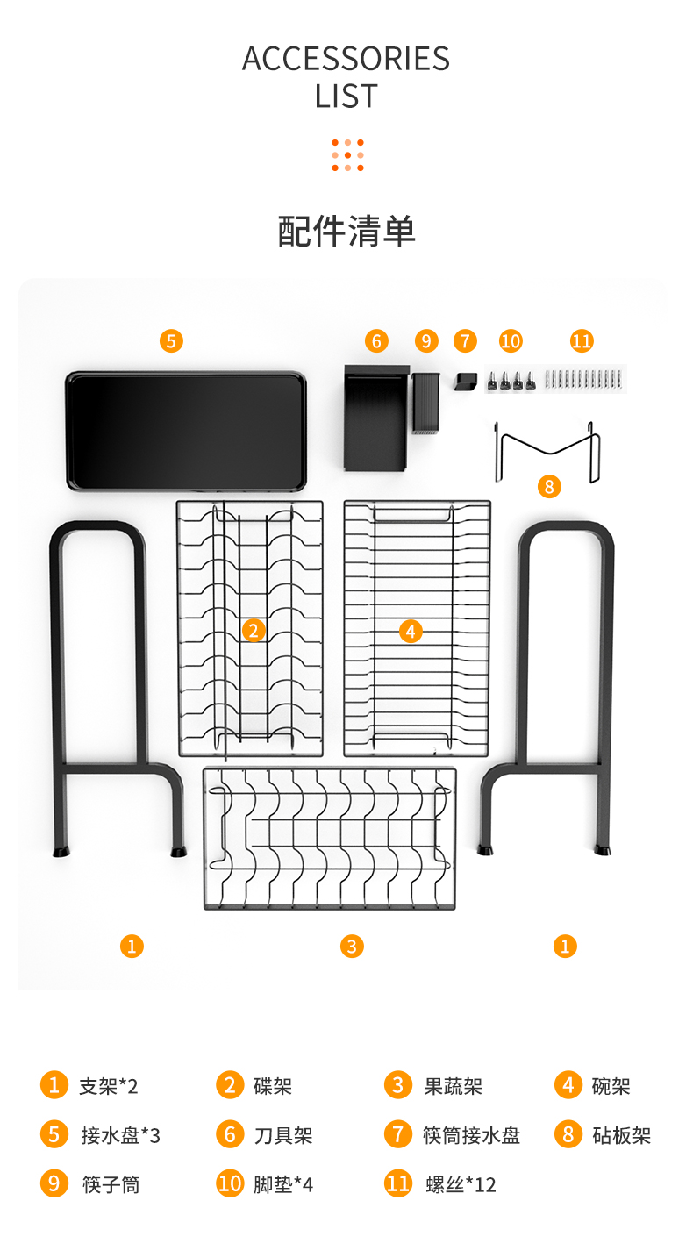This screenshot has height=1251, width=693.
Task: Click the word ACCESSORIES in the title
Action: click(x=346, y=58)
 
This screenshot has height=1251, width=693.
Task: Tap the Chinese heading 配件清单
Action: click(x=346, y=231)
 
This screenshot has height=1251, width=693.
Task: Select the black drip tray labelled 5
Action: click(x=186, y=431)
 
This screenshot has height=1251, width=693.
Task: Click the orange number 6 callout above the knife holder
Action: click(x=376, y=340)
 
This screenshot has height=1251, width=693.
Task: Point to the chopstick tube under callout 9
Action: click(x=426, y=404)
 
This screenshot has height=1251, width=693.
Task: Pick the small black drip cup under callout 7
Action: click(x=465, y=382)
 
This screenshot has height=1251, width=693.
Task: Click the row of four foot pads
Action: click(x=511, y=381)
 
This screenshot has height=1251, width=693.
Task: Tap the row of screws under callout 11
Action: click(x=583, y=379)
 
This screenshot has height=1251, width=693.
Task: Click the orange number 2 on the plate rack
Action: click(x=254, y=631)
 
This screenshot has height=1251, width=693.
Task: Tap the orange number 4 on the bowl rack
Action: click(x=411, y=632)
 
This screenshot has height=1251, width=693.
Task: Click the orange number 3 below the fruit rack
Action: click(x=352, y=946)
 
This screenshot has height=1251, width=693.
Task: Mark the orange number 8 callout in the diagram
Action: click(x=549, y=486)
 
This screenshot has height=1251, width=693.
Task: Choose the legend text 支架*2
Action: click(x=108, y=1086)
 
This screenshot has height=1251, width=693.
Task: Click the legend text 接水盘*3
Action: click(x=121, y=1135)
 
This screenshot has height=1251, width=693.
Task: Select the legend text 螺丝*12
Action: click(x=461, y=1184)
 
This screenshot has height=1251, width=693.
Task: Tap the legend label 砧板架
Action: click(x=622, y=1135)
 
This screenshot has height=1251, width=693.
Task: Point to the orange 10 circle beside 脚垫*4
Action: click(x=230, y=1183)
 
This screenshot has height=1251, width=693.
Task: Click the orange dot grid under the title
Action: click(x=347, y=155)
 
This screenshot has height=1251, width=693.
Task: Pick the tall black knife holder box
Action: click(x=375, y=418)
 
